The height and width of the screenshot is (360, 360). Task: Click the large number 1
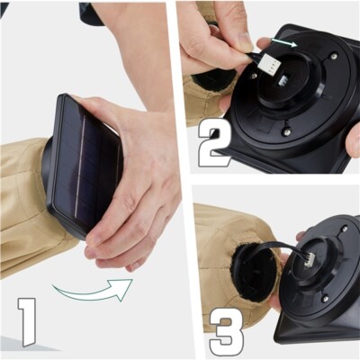coord(27,322)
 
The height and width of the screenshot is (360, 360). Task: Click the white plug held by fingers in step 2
coord(269,65)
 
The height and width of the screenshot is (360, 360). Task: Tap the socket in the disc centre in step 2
coord(283,80)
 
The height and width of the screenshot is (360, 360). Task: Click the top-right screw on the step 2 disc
coord(333,56)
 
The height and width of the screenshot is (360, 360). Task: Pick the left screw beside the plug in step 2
coord(254,76)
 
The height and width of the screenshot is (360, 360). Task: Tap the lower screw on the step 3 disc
coord(324,298)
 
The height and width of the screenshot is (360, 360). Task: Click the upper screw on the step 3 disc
coord(345,229)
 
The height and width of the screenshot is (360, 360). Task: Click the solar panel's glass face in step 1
coord(85,165)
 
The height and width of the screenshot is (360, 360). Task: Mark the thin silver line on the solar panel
coord(80,167)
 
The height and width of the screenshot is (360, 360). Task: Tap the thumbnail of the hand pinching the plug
coord(244,40)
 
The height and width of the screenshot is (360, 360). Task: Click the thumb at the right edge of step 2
coord(354,140)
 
